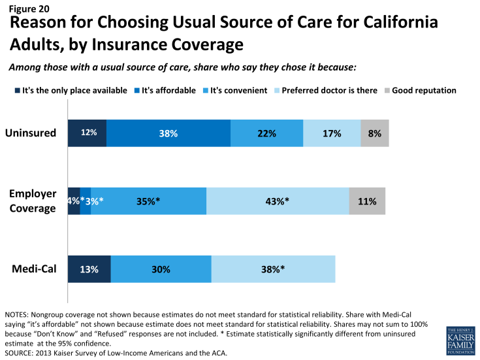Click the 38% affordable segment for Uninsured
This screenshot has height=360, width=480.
[168, 133]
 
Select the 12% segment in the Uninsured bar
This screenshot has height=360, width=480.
[88, 133]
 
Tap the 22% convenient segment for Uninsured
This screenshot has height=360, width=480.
[266, 133]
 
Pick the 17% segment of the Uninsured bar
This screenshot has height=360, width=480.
[332, 133]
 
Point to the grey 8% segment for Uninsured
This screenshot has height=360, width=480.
[375, 133]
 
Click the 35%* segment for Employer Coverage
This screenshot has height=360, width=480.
[148, 201]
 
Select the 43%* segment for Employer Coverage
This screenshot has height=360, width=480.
[278, 201]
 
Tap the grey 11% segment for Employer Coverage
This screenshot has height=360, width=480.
[367, 201]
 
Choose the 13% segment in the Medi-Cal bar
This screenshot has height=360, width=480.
[89, 269]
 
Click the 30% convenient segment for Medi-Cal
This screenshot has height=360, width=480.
[161, 269]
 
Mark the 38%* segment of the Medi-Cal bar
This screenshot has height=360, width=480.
[273, 269]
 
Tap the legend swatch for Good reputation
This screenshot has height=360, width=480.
[387, 90]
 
